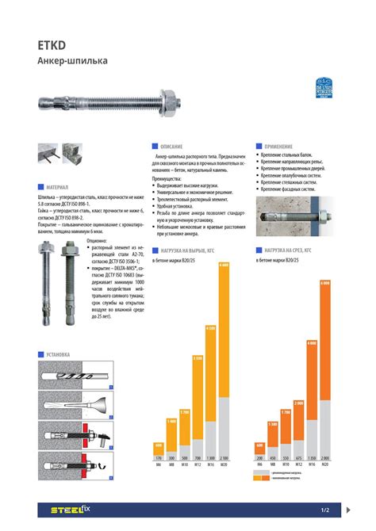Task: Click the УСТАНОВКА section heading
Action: [59, 354]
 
